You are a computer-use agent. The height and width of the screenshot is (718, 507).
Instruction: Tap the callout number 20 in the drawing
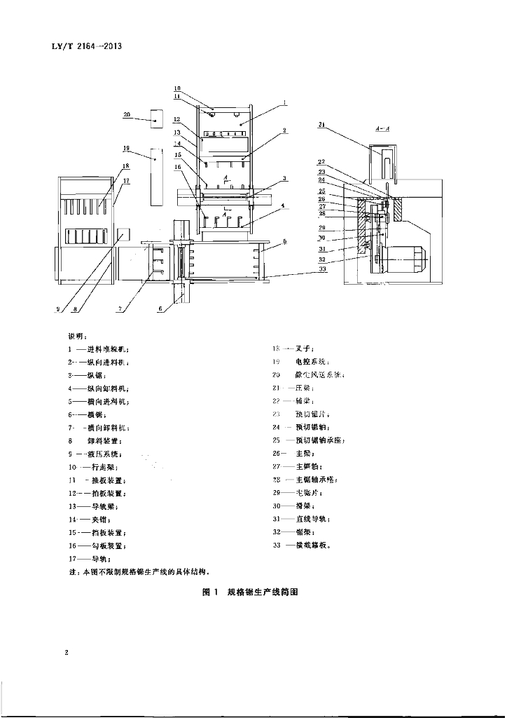click(x=127, y=114)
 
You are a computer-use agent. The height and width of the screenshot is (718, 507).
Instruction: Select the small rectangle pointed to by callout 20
click(x=156, y=120)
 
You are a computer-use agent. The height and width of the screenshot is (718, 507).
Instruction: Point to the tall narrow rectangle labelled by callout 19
click(x=155, y=175)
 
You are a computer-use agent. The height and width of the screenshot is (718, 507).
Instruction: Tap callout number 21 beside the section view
click(x=321, y=125)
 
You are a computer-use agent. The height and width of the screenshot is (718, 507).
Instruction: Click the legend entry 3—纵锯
click(x=87, y=375)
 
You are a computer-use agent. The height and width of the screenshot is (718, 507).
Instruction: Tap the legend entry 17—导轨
click(x=88, y=558)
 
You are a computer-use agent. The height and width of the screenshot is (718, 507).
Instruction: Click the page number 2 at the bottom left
click(x=66, y=653)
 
